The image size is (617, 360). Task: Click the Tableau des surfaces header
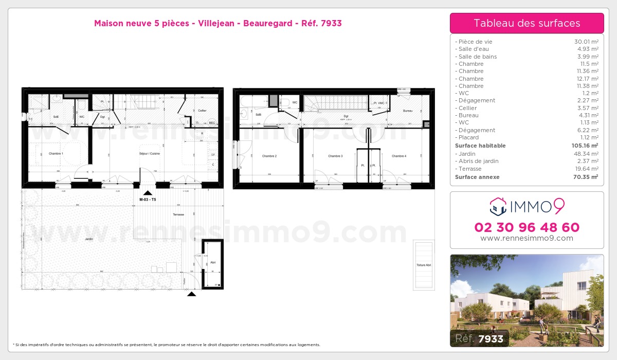point(527,23)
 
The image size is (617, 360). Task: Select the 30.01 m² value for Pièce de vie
point(586,42)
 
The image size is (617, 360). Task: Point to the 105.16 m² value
point(585,146)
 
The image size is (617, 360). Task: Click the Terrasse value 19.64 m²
point(586,169)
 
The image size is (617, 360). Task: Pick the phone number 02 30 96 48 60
point(527,227)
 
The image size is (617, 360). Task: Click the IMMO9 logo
point(527,207)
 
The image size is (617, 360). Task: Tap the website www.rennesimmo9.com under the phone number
point(527,238)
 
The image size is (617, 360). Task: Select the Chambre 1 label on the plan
point(56,154)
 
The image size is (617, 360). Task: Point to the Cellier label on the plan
point(203,110)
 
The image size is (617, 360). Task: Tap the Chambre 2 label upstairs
point(269,156)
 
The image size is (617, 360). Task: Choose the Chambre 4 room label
point(398,156)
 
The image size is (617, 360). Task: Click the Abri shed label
point(212,262)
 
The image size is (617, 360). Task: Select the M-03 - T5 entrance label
point(148,200)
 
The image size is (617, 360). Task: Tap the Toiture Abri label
point(424,265)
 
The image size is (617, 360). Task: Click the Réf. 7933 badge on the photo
point(480,338)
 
